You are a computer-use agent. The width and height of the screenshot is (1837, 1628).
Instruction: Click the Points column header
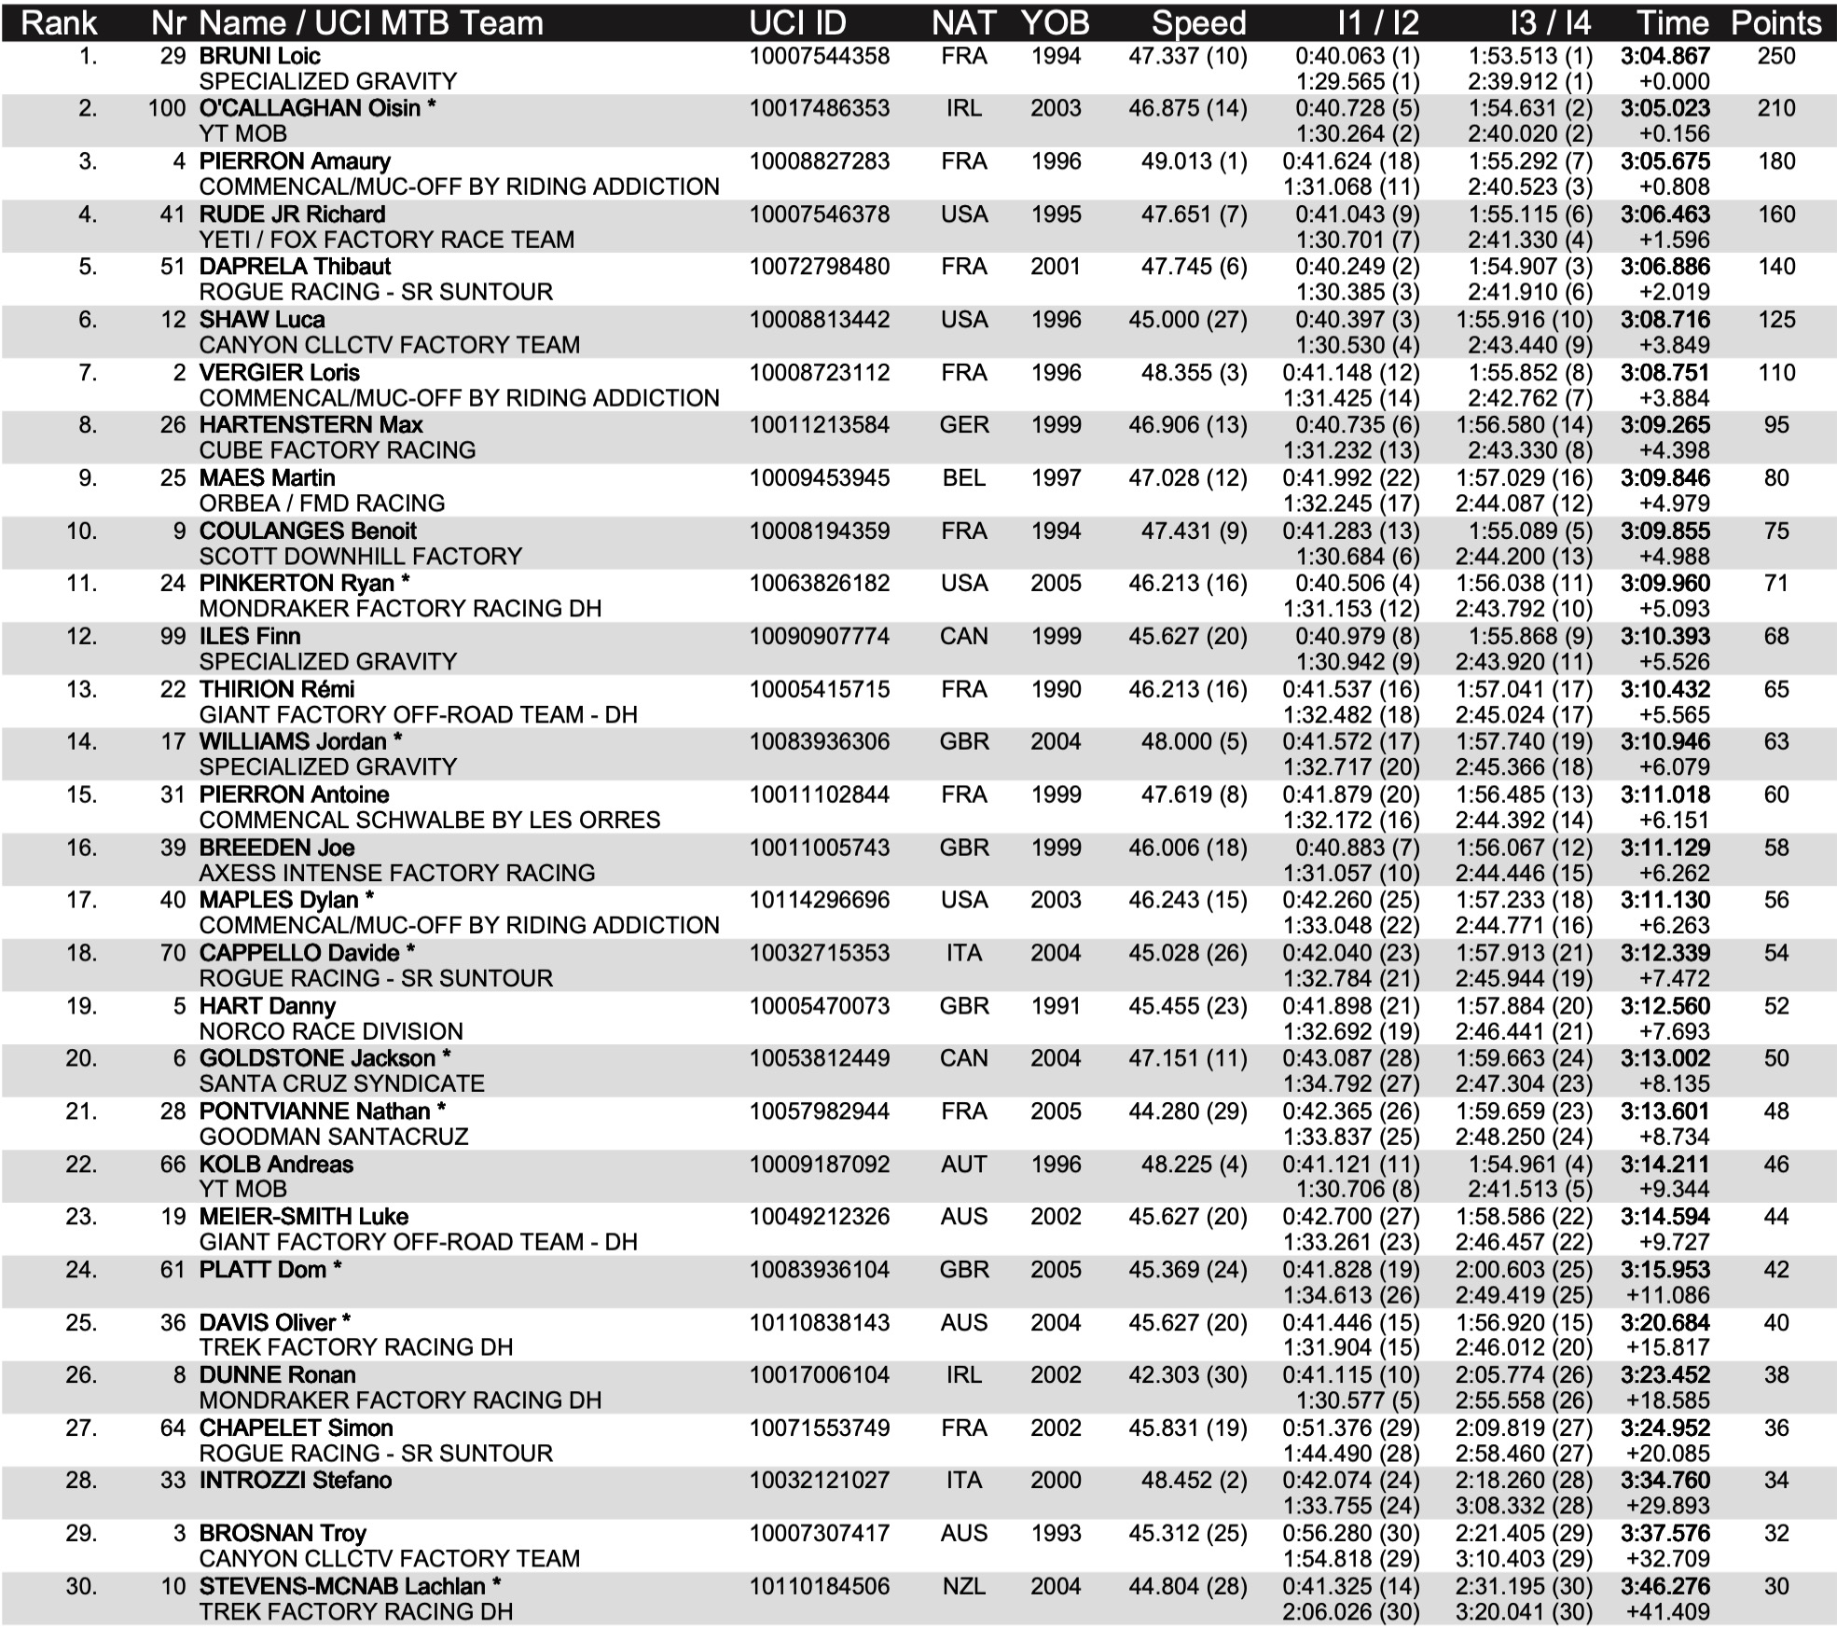coord(1775,22)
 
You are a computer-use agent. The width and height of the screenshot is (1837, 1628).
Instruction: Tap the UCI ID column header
coord(797,22)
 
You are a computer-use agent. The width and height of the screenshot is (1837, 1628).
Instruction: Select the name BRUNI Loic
coord(259,56)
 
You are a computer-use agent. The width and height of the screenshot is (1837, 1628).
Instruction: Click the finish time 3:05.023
coord(1664,108)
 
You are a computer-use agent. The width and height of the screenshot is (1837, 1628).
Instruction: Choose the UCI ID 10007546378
coord(819,214)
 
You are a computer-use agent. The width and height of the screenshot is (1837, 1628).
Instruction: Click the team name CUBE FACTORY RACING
coord(337,450)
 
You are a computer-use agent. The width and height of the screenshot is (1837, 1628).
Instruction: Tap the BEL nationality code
coord(963,478)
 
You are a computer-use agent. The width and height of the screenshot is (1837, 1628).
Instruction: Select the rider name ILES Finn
coord(249,637)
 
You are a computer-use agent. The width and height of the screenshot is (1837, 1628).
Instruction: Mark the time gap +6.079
coord(1674,767)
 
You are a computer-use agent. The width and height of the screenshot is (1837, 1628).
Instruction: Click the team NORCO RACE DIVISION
coord(330,1031)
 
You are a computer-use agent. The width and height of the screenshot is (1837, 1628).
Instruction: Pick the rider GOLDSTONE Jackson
coord(317,1058)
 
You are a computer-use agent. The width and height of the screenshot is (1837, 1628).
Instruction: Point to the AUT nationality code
coord(963,1165)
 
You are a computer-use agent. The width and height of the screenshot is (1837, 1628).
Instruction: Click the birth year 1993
coord(1055,1534)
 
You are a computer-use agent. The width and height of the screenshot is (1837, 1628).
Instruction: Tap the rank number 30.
coord(81,1586)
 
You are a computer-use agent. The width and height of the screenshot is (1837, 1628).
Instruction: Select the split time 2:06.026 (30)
coord(1350,1612)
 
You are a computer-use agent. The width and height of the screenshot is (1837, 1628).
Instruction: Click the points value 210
coord(1775,108)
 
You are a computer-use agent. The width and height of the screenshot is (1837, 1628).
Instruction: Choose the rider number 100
coord(167,108)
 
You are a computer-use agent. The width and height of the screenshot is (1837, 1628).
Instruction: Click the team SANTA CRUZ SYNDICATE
coord(341,1083)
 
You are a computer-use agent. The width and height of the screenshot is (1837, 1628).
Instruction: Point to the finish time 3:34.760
coord(1664,1481)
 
